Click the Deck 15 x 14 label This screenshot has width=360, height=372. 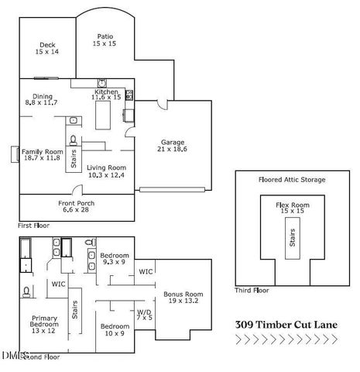(x=47, y=48)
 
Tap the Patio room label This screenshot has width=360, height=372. (x=105, y=40)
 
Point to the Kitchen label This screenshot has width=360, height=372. (x=106, y=95)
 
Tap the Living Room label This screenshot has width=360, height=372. (x=105, y=171)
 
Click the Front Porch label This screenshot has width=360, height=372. (x=75, y=206)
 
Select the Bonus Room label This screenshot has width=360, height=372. (x=183, y=298)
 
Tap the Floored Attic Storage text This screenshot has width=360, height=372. (x=292, y=180)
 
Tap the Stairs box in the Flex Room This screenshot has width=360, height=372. (x=292, y=240)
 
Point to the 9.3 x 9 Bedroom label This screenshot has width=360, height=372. (x=114, y=258)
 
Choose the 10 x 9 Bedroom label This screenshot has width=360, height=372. (x=114, y=329)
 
